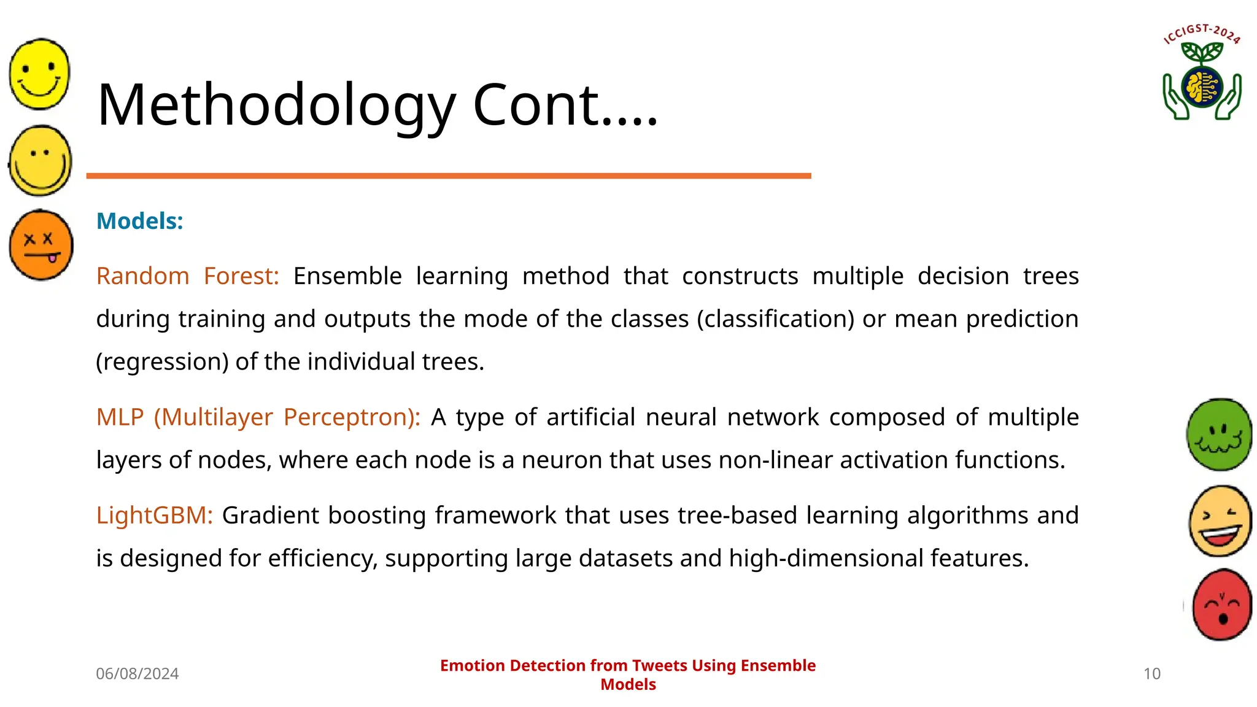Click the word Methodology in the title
click(x=276, y=106)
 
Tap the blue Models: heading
click(x=140, y=221)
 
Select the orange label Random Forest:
click(x=187, y=276)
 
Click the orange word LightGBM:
click(x=154, y=516)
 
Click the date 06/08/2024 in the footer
click(x=137, y=674)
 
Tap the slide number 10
click(x=1151, y=674)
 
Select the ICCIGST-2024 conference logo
click(x=1202, y=72)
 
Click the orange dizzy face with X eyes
click(x=41, y=245)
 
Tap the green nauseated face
click(x=1219, y=435)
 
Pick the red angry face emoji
click(x=1221, y=605)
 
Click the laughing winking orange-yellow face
click(x=1220, y=520)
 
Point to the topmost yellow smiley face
click(x=40, y=74)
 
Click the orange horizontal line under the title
click(x=448, y=176)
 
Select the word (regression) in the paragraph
click(x=162, y=362)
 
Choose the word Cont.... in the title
click(x=565, y=106)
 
